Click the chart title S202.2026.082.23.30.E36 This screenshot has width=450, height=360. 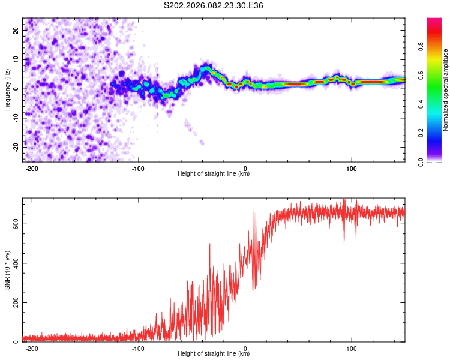pyautogui.click(x=214, y=6)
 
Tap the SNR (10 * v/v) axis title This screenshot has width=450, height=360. pyautogui.click(x=7, y=270)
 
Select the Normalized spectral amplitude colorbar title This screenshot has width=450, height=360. pyautogui.click(x=445, y=90)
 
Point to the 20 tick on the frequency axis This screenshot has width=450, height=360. pyautogui.click(x=17, y=30)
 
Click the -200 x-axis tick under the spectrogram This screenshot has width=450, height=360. pyautogui.click(x=32, y=168)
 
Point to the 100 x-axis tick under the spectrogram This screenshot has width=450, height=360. pyautogui.click(x=351, y=168)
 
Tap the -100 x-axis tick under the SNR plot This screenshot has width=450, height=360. pyautogui.click(x=139, y=348)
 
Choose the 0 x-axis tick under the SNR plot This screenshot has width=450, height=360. pyautogui.click(x=245, y=348)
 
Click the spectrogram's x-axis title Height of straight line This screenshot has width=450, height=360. pyautogui.click(x=214, y=174)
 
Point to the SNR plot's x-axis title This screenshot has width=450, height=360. pyautogui.click(x=214, y=354)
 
